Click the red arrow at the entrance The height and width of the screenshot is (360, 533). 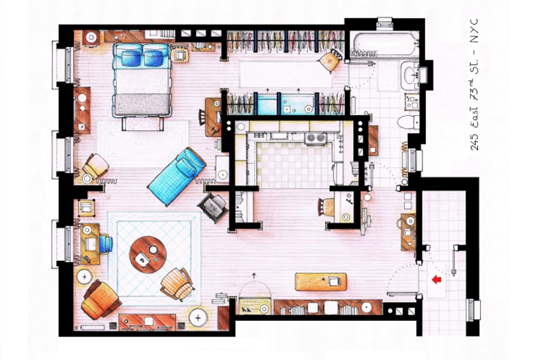tap(437, 280)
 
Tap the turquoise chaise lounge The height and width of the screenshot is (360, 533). tap(177, 176)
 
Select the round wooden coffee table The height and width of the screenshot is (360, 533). tap(148, 254)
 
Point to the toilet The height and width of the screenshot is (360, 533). tap(408, 122)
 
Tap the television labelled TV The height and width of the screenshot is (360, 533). tap(213, 207)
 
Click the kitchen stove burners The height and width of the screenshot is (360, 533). tap(316, 137)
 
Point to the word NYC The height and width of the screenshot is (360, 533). tap(474, 30)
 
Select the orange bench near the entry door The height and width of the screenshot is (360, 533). tap(321, 281)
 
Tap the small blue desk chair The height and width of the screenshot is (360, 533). tap(106, 244)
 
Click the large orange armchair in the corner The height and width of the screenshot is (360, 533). tap(101, 299)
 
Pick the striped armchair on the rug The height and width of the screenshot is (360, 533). tap(177, 284)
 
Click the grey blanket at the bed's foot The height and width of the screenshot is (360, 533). tap(142, 104)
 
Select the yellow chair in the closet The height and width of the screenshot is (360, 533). tap(330, 60)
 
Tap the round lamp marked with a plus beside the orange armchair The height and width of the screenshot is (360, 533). tap(85, 277)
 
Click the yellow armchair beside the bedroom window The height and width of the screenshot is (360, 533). tap(95, 166)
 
